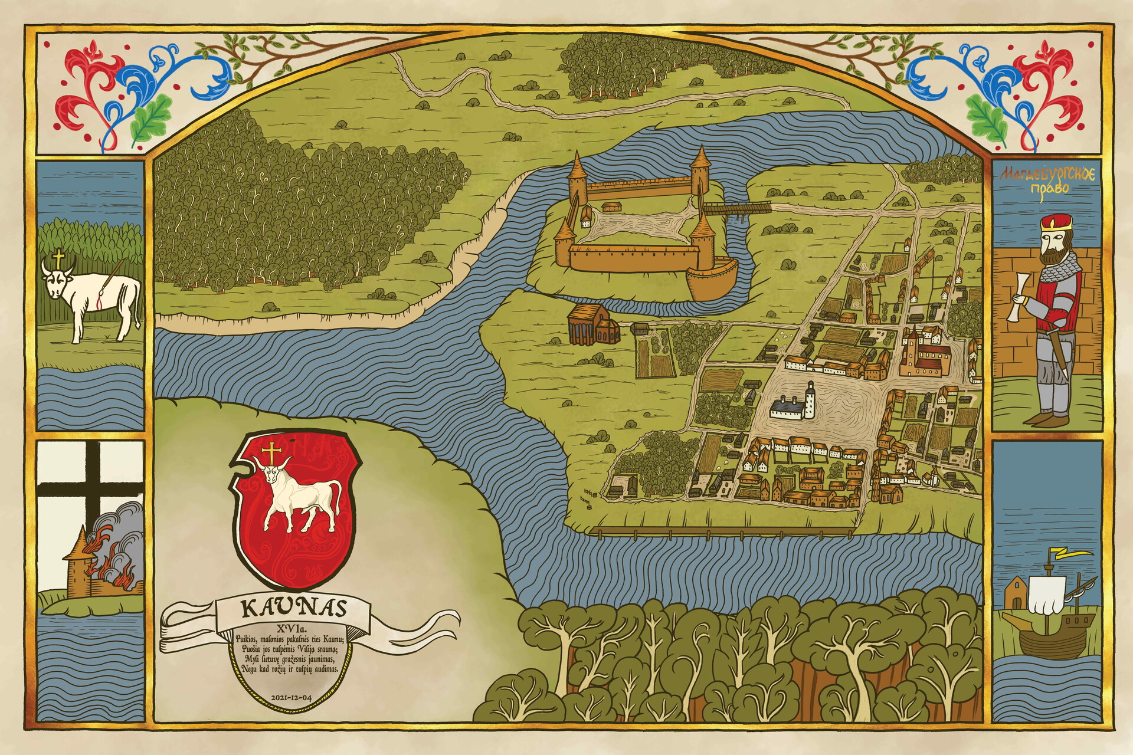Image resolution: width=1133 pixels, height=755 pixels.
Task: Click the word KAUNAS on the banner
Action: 293,609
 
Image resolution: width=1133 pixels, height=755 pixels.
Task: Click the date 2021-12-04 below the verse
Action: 291,697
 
